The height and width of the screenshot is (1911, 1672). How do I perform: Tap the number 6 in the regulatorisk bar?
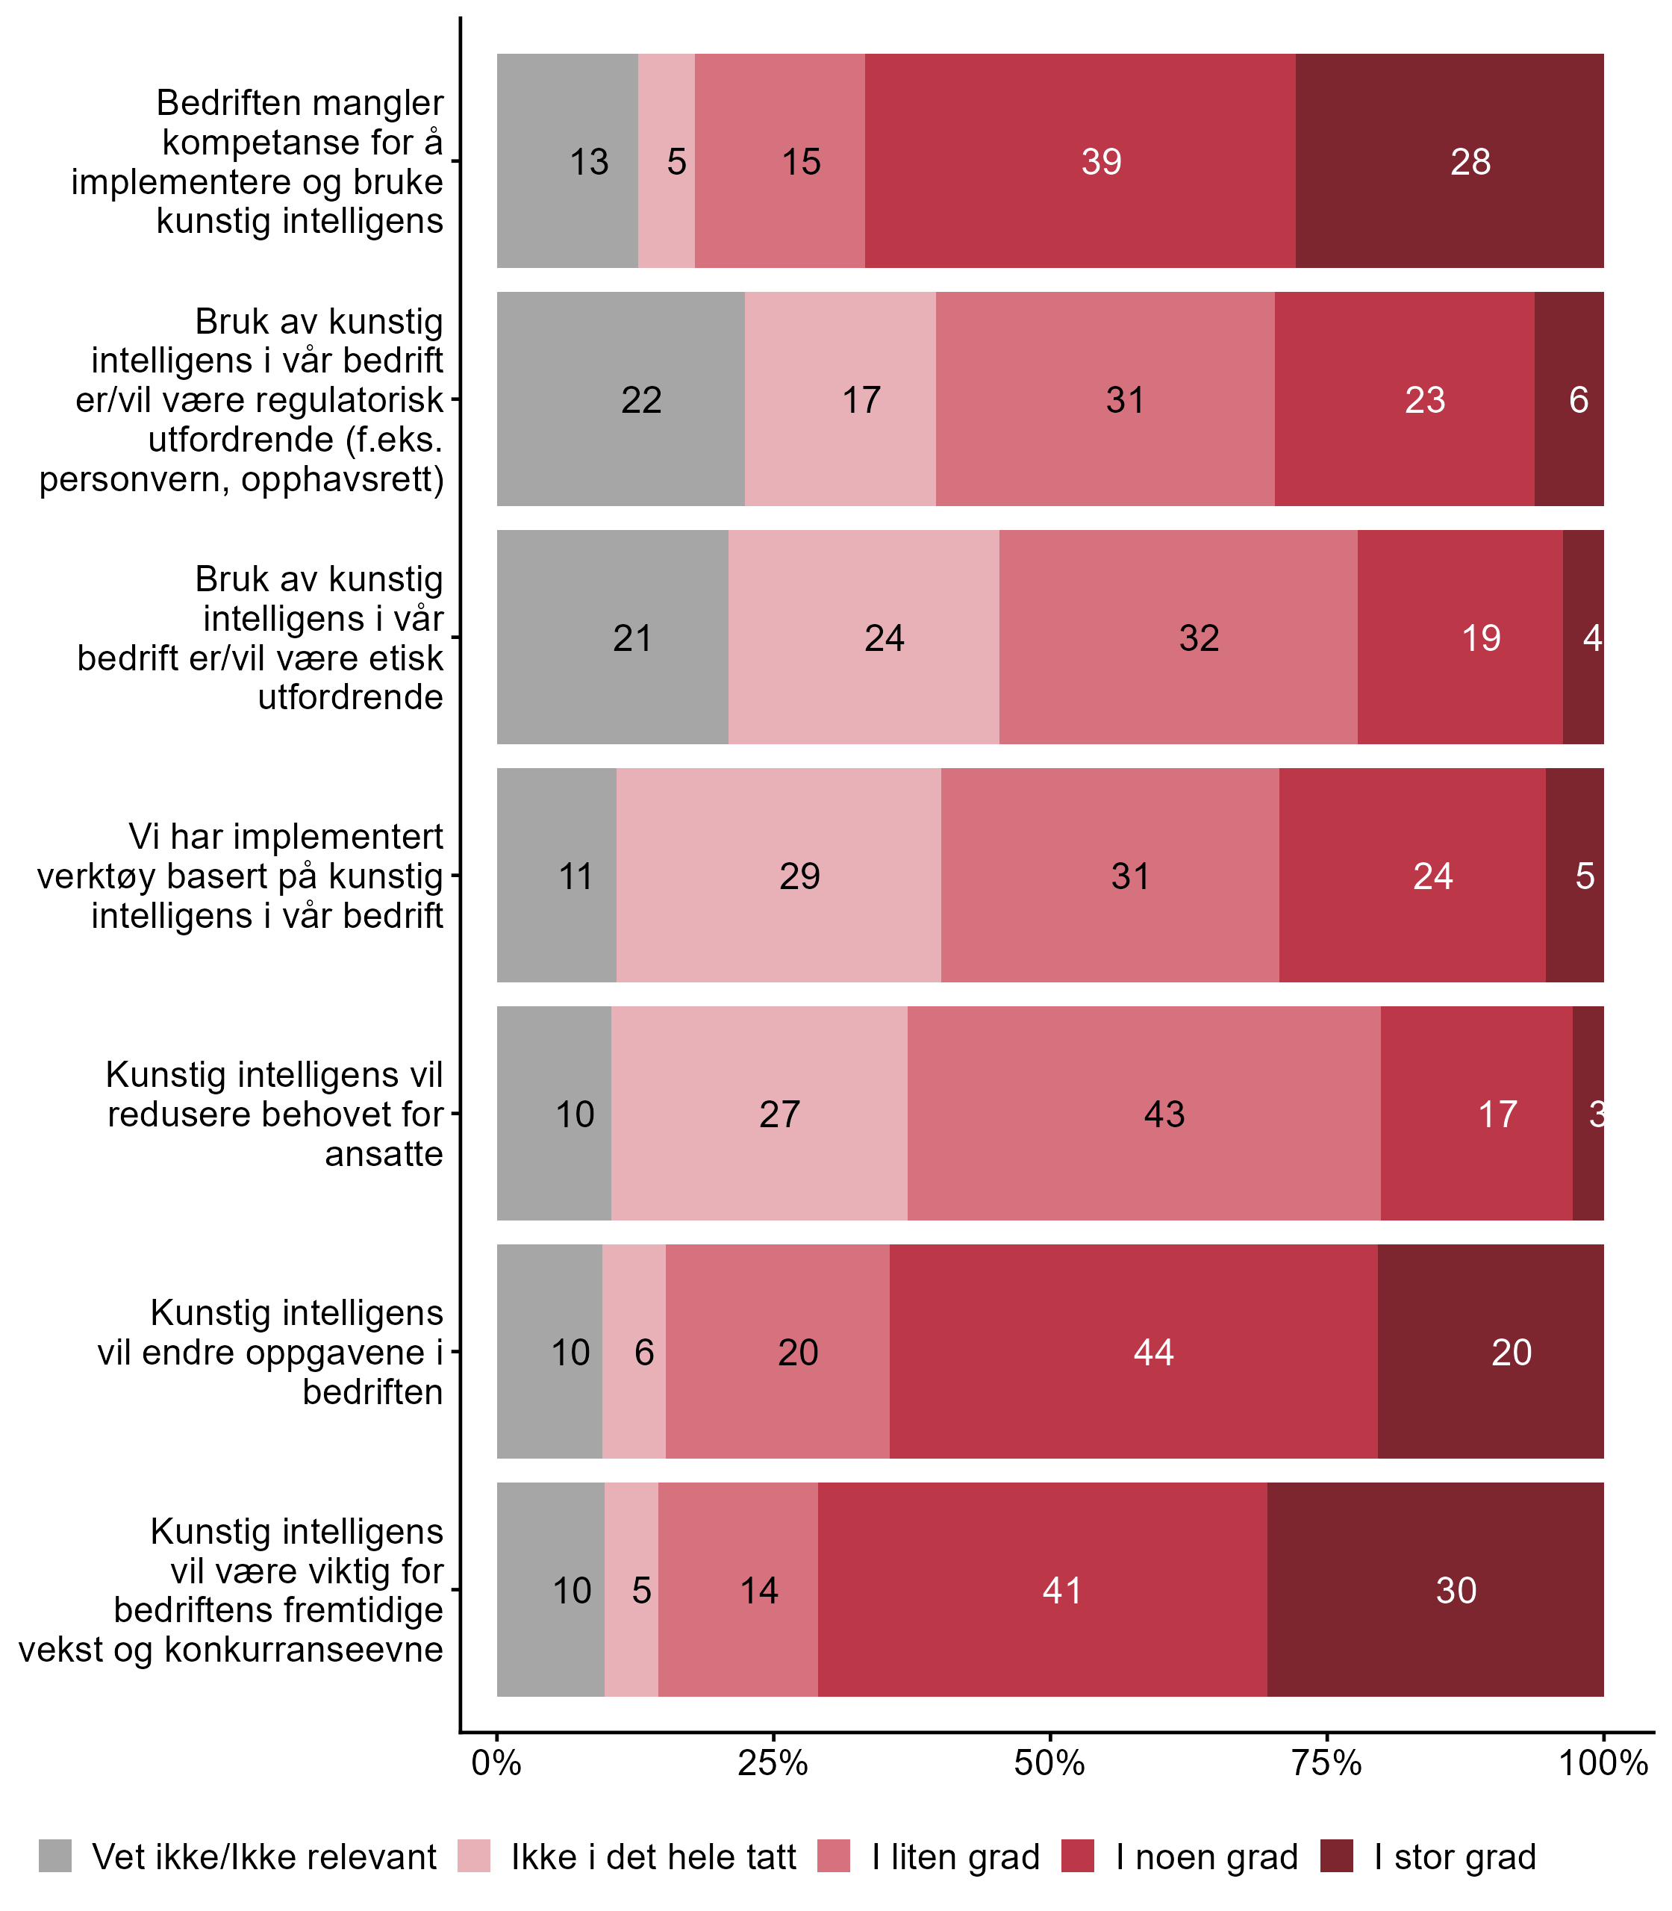pos(1578,399)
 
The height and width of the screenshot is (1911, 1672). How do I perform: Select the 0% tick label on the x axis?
pos(496,1762)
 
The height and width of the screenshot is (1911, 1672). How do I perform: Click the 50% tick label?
pos(1049,1762)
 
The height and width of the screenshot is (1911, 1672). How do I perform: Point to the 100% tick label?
pos(1603,1762)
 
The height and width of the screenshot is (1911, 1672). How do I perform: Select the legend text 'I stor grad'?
pos(1455,1857)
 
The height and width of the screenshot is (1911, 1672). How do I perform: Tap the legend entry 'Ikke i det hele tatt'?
pos(653,1857)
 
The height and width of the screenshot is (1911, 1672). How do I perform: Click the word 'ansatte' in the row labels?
pos(384,1153)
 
